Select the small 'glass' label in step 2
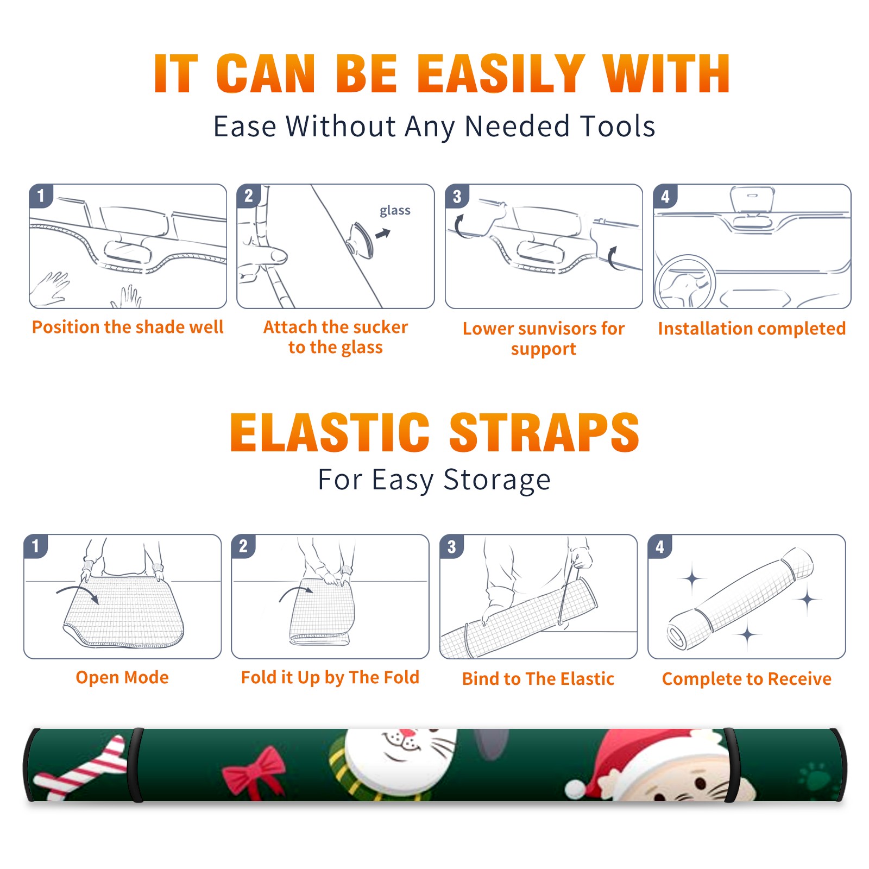[395, 211]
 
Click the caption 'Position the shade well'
[128, 327]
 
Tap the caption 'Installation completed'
[752, 329]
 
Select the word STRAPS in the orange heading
[544, 432]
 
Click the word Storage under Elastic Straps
[497, 480]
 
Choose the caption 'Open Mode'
[122, 677]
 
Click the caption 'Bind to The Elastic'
[538, 679]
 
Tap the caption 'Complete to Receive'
[747, 679]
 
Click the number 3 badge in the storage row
[451, 547]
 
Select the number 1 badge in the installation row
[41, 196]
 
